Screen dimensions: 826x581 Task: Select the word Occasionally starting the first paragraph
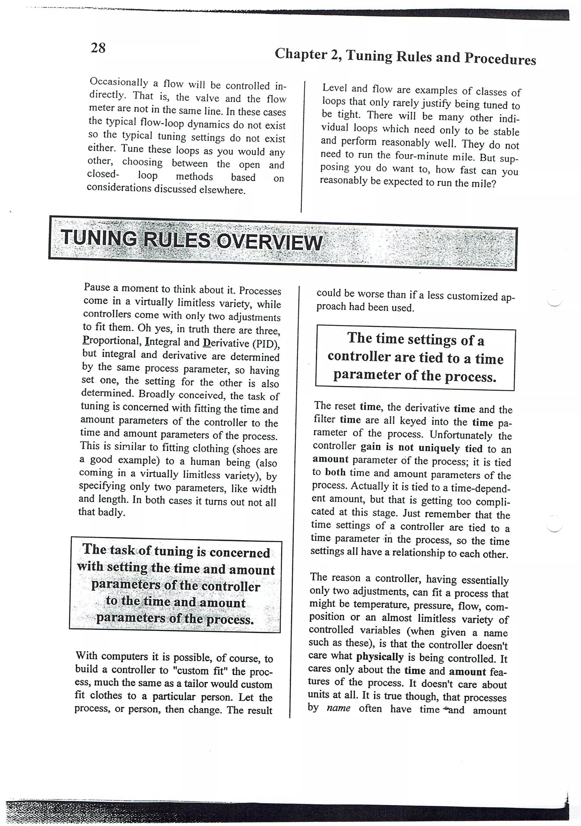[119, 82]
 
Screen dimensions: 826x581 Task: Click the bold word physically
[380, 657]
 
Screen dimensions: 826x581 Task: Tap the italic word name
[338, 708]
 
